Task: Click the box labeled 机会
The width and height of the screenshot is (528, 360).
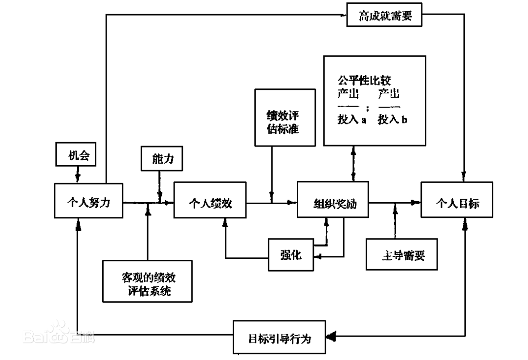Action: tap(78, 156)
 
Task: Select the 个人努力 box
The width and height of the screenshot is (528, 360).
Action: tap(88, 201)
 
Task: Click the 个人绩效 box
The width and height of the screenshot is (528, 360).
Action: tap(210, 201)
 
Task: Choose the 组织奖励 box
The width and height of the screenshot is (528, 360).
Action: tap(334, 202)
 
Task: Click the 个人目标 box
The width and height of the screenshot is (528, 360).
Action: tap(457, 202)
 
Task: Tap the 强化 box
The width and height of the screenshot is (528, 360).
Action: tap(291, 254)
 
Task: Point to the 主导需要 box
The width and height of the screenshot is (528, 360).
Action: tap(401, 255)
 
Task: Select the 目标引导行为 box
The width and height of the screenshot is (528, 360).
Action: tap(279, 337)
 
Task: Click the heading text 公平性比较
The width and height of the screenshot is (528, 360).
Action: tap(365, 80)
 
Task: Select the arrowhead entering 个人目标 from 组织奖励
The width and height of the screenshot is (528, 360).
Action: tap(416, 202)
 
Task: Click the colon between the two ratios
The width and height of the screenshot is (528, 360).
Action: tap(368, 108)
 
